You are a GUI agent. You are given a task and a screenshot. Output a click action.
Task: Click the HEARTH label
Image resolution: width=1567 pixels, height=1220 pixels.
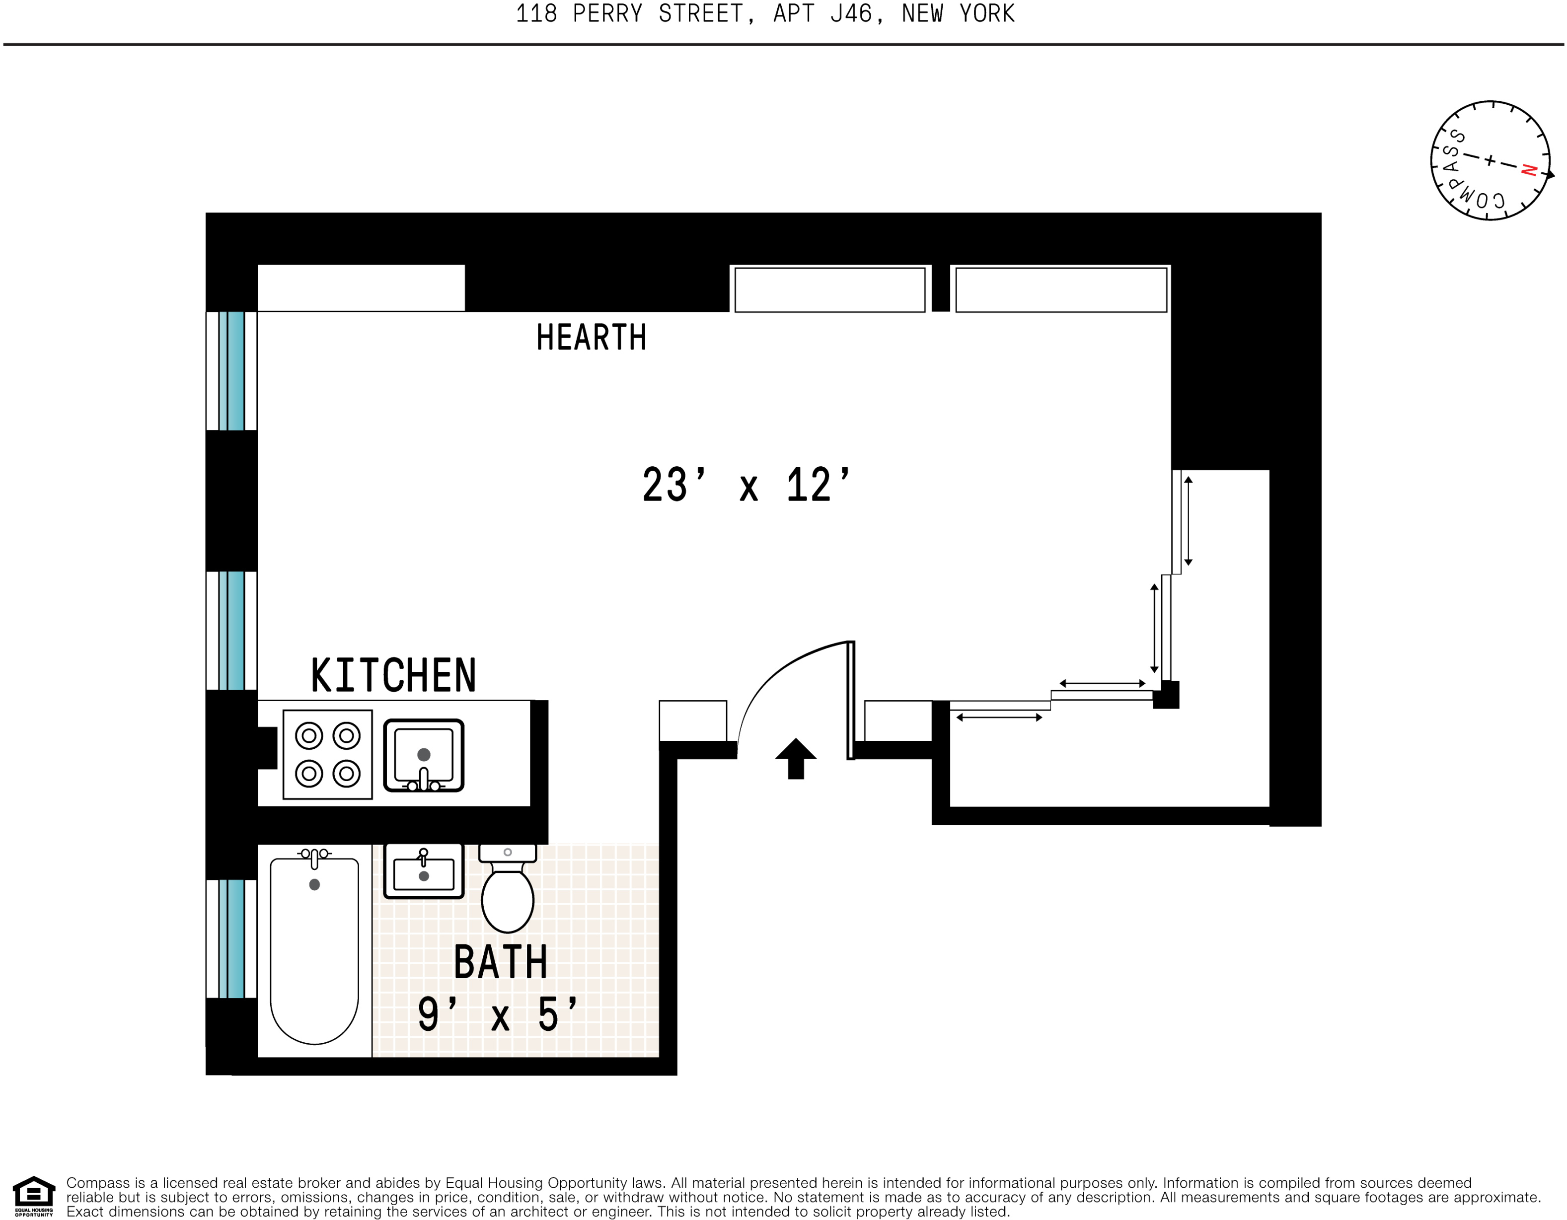tap(591, 337)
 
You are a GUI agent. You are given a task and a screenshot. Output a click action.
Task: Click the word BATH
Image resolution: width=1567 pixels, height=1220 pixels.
tap(500, 962)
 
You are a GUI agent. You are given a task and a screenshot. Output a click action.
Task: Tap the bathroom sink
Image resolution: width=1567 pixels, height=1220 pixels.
tap(423, 871)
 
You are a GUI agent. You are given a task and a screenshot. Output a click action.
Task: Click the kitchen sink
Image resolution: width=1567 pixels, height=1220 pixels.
tap(423, 755)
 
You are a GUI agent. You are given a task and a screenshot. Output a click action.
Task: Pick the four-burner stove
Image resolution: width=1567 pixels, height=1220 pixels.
tap(328, 755)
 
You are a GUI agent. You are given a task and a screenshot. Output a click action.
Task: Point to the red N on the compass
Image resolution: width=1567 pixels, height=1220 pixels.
tap(1528, 170)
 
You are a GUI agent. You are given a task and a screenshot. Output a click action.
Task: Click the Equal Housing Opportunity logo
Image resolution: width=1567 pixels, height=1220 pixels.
tap(34, 1196)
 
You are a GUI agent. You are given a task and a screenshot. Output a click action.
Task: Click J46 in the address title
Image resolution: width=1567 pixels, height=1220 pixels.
tap(852, 13)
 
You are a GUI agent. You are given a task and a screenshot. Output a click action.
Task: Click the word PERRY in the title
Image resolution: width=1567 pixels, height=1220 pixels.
tap(607, 13)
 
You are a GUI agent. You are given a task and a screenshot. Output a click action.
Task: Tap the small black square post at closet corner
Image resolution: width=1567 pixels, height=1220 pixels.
tap(1166, 695)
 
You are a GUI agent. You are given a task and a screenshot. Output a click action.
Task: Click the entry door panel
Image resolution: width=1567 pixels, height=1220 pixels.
tap(851, 700)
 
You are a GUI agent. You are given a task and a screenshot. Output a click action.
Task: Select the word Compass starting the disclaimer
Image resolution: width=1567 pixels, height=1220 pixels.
tap(97, 1183)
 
